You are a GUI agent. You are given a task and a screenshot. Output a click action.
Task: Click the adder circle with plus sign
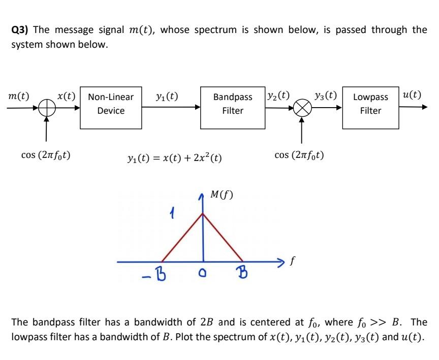(47, 108)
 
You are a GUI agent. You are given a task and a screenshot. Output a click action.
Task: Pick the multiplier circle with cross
(302, 108)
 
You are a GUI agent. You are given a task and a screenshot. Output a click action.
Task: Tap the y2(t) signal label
(278, 95)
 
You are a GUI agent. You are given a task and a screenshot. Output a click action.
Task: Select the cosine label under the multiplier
(299, 155)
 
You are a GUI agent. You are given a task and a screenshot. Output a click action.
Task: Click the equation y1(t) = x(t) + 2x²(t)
(174, 158)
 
